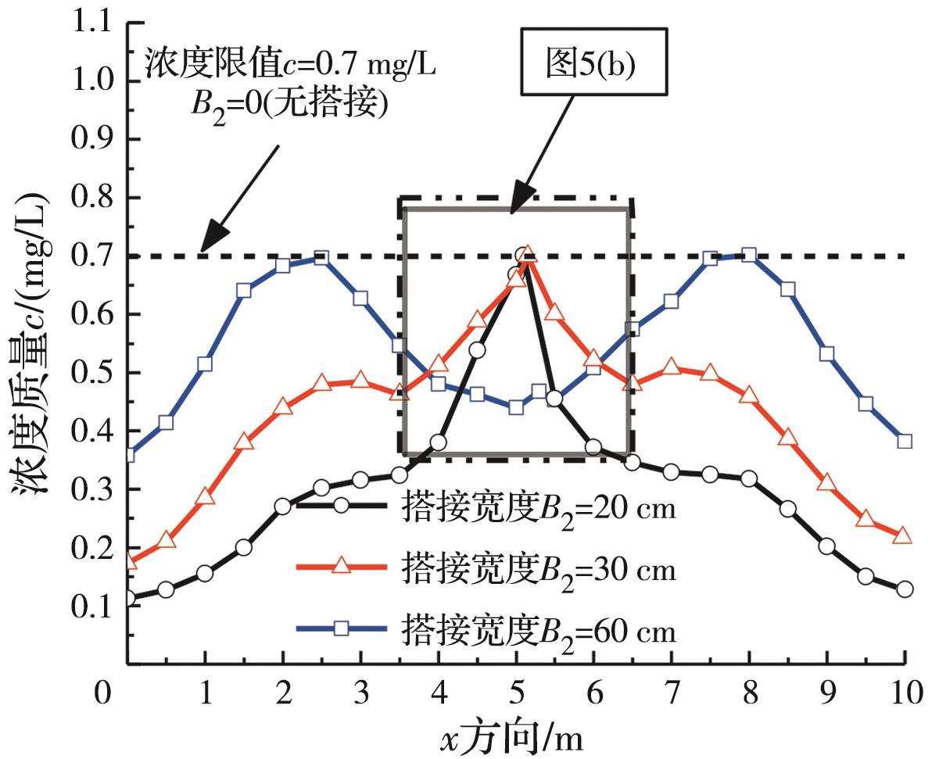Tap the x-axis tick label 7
click(x=671, y=694)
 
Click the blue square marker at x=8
click(x=749, y=255)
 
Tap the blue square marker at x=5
click(x=516, y=407)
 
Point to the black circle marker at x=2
click(x=283, y=507)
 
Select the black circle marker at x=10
click(x=905, y=589)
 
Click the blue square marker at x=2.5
click(x=321, y=258)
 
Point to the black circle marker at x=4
click(x=439, y=443)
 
